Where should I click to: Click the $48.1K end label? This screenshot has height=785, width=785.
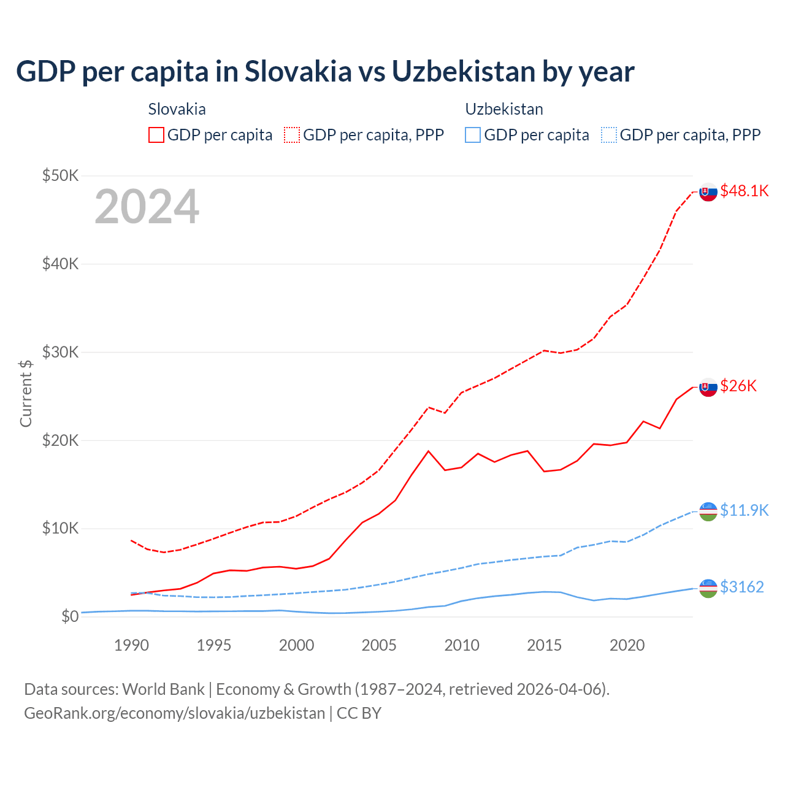click(744, 191)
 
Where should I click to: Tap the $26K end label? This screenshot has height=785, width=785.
click(738, 386)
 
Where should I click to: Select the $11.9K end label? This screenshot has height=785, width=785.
click(744, 510)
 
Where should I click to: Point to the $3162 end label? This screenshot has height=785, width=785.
click(741, 587)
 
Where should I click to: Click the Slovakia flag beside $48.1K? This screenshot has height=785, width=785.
click(708, 192)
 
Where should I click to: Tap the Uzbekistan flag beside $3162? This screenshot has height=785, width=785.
click(708, 588)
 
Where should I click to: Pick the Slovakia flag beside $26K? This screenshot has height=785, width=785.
click(708, 387)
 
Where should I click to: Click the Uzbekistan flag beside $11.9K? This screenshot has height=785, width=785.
click(708, 511)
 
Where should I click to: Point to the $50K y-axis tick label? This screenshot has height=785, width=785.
click(61, 176)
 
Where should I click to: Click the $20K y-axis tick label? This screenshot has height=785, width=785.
click(61, 440)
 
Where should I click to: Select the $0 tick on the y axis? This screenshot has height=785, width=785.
click(70, 616)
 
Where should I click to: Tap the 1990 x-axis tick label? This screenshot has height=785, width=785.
click(132, 645)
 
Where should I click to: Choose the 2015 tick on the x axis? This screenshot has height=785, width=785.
click(545, 645)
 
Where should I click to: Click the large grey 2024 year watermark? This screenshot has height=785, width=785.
click(147, 207)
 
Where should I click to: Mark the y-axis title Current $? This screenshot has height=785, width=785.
click(26, 393)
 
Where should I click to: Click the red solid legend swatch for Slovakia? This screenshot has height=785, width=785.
click(156, 135)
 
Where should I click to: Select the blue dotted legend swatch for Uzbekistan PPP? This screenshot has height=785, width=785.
click(609, 135)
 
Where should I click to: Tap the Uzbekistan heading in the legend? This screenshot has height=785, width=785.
click(504, 109)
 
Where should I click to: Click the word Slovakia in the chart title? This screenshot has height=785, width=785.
click(298, 71)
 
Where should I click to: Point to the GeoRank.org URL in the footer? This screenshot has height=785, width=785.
click(175, 713)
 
